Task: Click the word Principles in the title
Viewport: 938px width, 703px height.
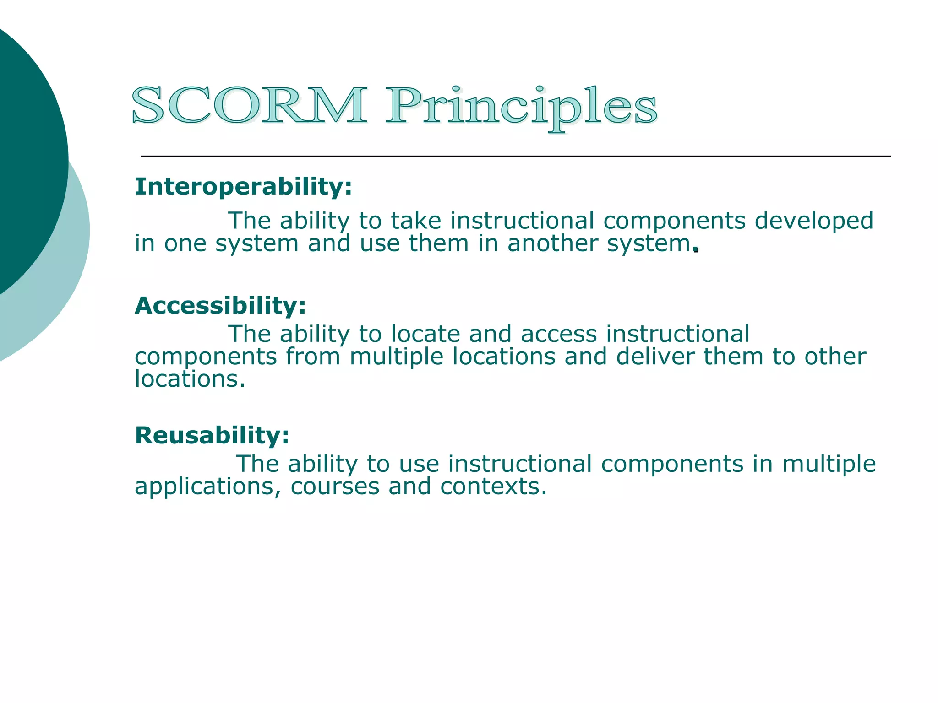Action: pyautogui.click(x=521, y=108)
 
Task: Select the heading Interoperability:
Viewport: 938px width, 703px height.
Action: pyautogui.click(x=243, y=187)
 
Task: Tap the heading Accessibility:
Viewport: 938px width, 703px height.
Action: pyautogui.click(x=220, y=306)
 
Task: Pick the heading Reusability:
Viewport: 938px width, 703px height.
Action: pyautogui.click(x=212, y=435)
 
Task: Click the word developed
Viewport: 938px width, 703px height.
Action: pyautogui.click(x=814, y=221)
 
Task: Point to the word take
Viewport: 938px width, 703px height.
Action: pyautogui.click(x=415, y=221)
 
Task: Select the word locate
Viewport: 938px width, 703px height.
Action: pyautogui.click(x=425, y=334)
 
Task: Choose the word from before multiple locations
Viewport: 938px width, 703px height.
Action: pyautogui.click(x=313, y=357)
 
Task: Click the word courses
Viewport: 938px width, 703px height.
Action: pyautogui.click(x=335, y=487)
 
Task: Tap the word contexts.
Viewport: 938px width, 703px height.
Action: pyautogui.click(x=493, y=487)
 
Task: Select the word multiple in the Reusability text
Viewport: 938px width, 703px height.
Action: pyautogui.click(x=829, y=465)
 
